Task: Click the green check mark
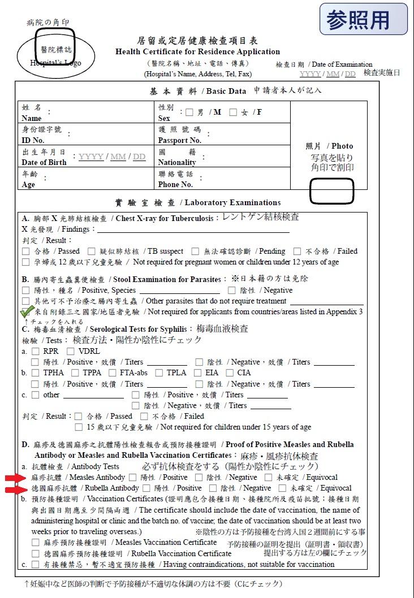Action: (27, 311)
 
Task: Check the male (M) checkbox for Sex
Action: (189, 112)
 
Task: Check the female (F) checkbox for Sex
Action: (233, 112)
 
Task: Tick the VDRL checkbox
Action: (71, 351)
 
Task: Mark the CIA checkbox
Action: (230, 373)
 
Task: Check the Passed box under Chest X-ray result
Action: (25, 251)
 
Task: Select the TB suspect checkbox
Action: (92, 251)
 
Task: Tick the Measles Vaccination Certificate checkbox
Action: (36, 543)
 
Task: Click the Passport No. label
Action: (179, 140)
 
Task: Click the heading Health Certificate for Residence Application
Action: (197, 51)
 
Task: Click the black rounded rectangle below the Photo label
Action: (331, 190)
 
